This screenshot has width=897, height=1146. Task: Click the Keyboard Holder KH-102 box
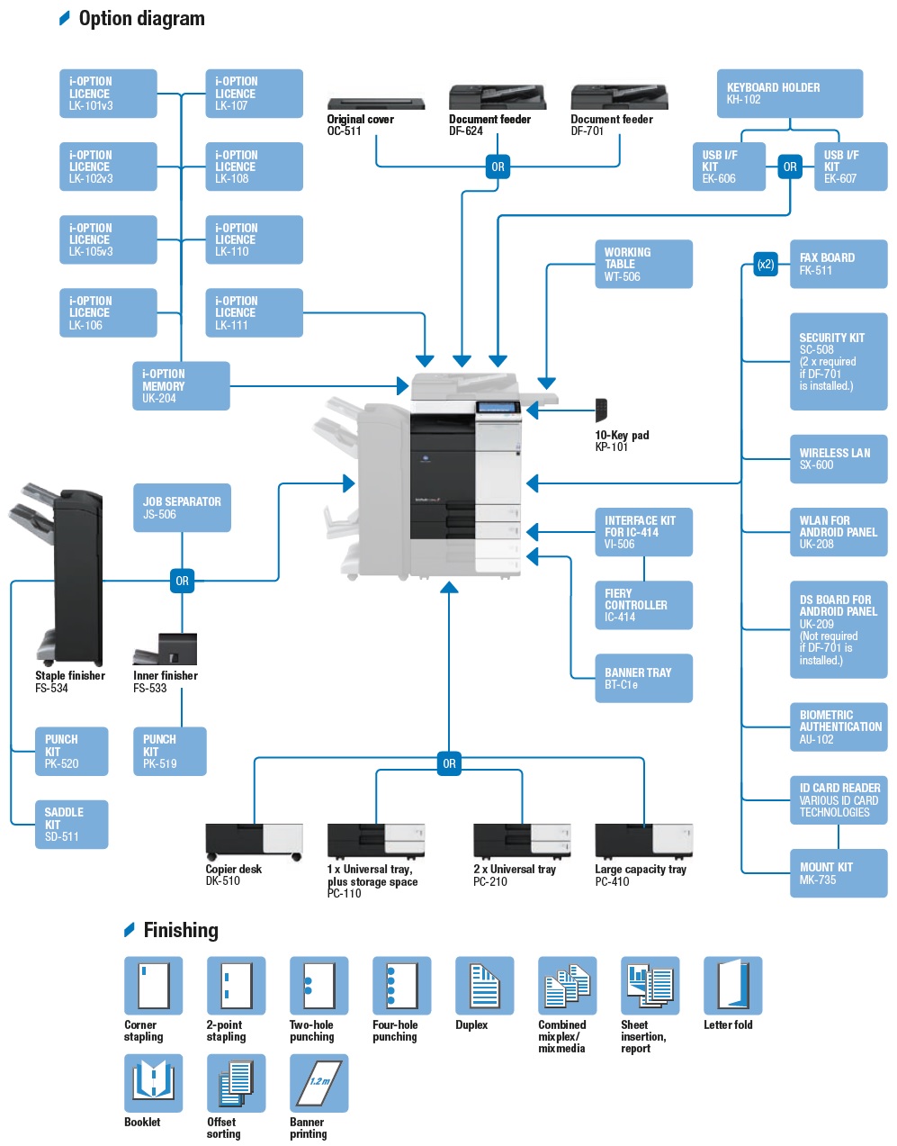point(789,94)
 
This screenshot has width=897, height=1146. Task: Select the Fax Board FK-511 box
point(838,264)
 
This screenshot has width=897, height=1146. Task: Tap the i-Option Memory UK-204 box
point(181,385)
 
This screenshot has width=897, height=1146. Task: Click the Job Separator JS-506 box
point(182,508)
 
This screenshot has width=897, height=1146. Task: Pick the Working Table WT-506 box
point(643,264)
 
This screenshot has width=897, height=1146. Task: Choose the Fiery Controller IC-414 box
point(643,605)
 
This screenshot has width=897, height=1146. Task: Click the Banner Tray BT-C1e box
point(643,678)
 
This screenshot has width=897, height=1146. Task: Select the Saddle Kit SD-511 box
point(71,824)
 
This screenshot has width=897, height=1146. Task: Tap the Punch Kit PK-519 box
point(169,751)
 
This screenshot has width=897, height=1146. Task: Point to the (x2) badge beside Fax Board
point(766,265)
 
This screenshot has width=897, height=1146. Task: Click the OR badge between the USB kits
point(790,167)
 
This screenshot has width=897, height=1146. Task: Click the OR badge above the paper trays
point(449,763)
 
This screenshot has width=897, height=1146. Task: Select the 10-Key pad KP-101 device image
point(601,410)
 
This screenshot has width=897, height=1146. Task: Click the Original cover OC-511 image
point(375,104)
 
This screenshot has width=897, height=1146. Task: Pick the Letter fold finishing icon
point(732,985)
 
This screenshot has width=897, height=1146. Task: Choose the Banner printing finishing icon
point(318,1083)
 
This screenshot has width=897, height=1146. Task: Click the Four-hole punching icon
point(401,985)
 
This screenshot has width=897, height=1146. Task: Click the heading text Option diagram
point(141,19)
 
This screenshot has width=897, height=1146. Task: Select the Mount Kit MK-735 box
point(838,873)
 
